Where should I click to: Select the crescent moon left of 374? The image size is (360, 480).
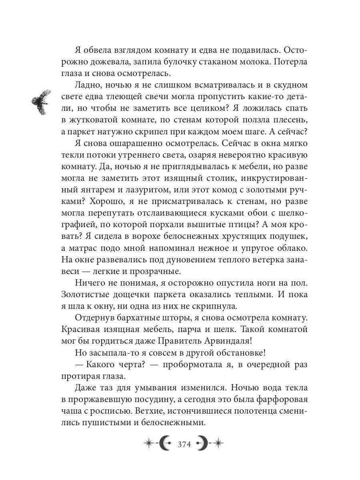tap(164, 443)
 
